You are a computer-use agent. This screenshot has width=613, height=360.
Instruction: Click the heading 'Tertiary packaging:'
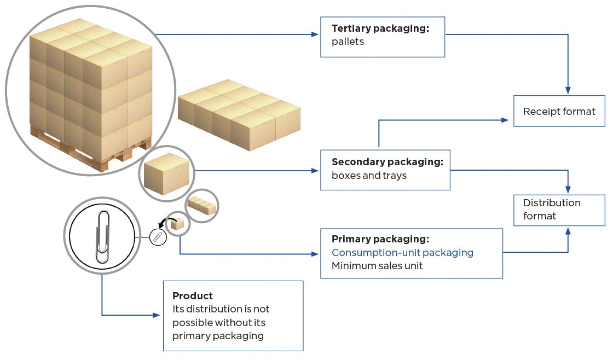click(380, 28)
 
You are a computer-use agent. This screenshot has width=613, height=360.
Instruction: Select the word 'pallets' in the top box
click(348, 42)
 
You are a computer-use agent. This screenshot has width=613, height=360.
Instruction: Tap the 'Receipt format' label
click(559, 112)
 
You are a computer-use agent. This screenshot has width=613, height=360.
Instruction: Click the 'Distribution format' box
click(559, 210)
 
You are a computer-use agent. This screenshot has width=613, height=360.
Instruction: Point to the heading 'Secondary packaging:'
click(387, 162)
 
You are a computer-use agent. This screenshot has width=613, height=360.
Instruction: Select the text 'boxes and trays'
click(369, 176)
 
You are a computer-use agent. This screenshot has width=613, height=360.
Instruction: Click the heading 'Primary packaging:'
click(380, 239)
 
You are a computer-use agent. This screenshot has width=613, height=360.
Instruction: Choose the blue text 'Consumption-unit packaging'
click(402, 253)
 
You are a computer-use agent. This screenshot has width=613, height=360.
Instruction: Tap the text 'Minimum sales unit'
click(377, 266)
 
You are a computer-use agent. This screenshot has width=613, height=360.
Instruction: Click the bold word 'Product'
click(193, 296)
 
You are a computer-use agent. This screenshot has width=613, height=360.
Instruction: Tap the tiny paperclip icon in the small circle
click(157, 236)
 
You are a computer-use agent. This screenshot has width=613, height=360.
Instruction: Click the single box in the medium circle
click(167, 171)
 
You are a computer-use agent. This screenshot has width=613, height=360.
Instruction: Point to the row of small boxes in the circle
click(202, 206)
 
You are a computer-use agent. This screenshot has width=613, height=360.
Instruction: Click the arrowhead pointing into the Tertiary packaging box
click(315, 34)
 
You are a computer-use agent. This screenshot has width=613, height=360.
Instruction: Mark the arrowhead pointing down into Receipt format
click(568, 90)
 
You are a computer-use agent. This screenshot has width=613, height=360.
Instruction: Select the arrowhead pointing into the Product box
click(158, 315)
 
